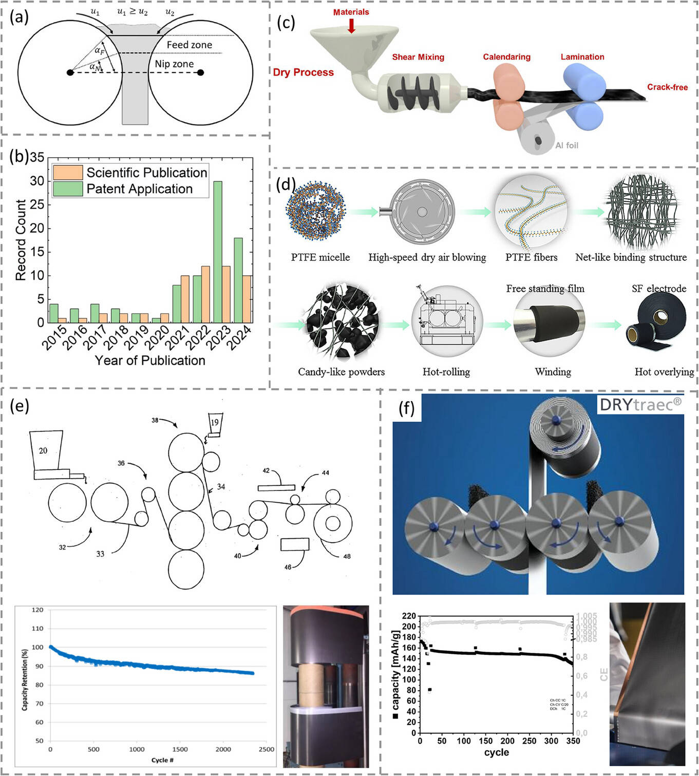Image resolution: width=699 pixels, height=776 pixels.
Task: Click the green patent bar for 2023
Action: (x=217, y=252)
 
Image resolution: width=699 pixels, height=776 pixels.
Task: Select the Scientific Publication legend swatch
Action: (x=67, y=173)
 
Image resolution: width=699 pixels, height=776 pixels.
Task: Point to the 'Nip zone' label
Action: (x=174, y=64)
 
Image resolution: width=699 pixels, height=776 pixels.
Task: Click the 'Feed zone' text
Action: (x=189, y=45)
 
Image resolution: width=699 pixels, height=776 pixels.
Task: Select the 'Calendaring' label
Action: (x=506, y=57)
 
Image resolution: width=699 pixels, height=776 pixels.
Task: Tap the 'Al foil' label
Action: (x=566, y=145)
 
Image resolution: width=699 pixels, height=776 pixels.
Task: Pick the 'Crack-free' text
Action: (x=667, y=87)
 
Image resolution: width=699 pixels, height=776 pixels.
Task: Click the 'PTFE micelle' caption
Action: (x=320, y=257)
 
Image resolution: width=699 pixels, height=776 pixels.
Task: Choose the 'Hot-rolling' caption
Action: (x=446, y=372)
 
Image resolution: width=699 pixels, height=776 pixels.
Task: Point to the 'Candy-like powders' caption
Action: (x=341, y=372)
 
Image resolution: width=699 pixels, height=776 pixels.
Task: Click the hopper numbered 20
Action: (x=45, y=450)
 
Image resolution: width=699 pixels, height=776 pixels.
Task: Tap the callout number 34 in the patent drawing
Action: (x=221, y=486)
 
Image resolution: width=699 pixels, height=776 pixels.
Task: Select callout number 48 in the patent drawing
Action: (x=347, y=556)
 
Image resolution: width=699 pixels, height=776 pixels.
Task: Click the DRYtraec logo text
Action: (x=640, y=405)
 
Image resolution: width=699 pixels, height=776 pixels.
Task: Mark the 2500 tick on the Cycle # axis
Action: (x=266, y=749)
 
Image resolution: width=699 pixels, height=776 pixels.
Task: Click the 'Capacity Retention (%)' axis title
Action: (x=25, y=679)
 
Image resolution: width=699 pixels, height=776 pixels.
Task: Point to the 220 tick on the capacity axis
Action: (x=409, y=616)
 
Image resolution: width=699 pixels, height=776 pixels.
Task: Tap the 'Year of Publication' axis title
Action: (x=150, y=361)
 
